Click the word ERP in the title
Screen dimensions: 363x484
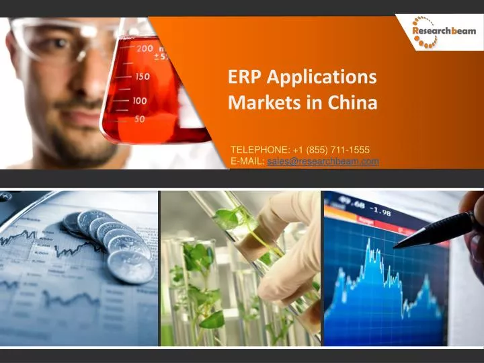[x=245, y=77]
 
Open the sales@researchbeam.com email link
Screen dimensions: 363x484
[x=323, y=161]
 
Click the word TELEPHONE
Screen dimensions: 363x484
[x=259, y=149]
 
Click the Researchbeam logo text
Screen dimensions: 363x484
[x=444, y=31]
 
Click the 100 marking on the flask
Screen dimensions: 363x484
[x=139, y=100]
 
